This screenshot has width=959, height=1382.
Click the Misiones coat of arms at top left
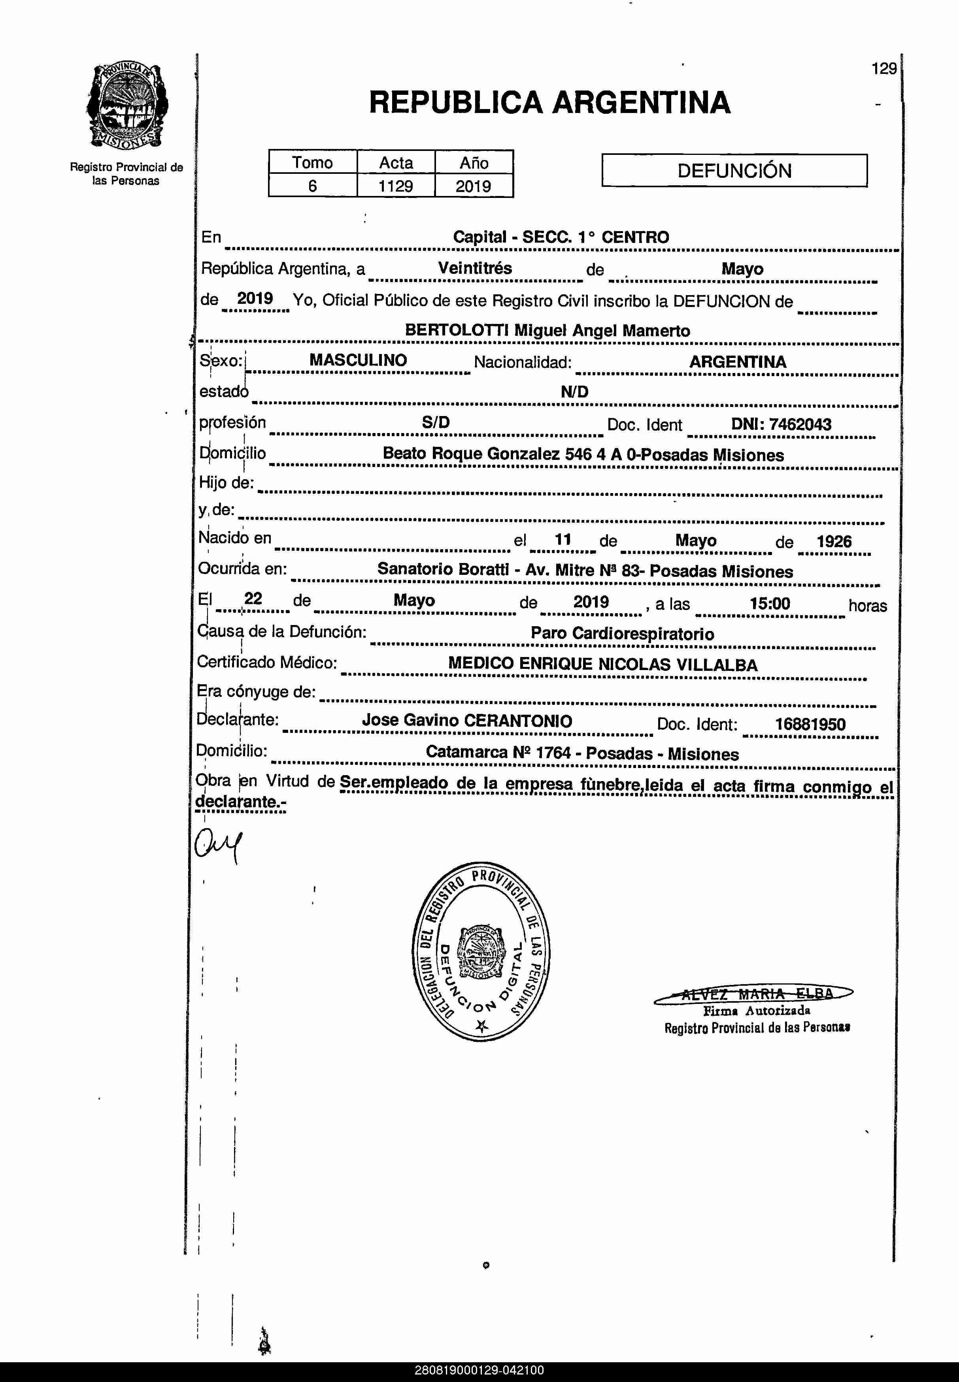point(127,106)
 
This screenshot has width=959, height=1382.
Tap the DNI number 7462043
point(800,424)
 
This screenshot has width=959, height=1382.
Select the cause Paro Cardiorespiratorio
point(622,634)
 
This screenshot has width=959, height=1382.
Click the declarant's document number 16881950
point(810,724)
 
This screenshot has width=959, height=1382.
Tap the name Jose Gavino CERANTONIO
point(466,721)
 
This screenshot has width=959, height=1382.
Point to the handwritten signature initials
point(217,845)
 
